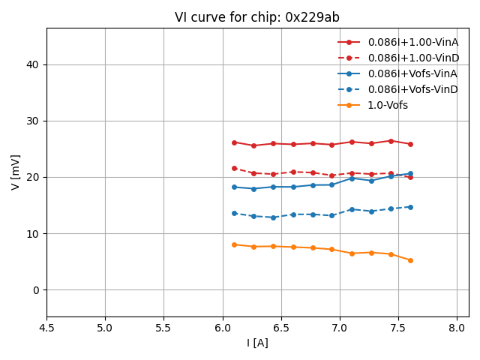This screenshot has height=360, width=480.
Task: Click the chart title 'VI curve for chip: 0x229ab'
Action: [x=257, y=17]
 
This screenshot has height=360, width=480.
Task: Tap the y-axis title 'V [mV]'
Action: [x=16, y=172]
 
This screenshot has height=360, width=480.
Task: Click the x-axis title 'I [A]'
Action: [x=257, y=343]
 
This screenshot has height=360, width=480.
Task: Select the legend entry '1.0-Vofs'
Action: [x=387, y=105]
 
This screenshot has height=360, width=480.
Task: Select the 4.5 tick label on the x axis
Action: [x=46, y=328]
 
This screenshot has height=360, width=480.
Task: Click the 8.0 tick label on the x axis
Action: [x=457, y=328]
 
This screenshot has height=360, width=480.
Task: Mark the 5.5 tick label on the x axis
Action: [x=163, y=328]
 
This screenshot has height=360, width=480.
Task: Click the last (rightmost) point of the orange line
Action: [x=410, y=260]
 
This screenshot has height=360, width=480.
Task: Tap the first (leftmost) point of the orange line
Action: [x=234, y=244]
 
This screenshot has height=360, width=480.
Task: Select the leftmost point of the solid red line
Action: [x=234, y=142]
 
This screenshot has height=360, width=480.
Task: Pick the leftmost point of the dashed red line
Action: [x=234, y=168]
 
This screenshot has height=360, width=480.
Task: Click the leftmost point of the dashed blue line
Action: [x=234, y=213]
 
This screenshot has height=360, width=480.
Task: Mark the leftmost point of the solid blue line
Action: [x=234, y=187]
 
